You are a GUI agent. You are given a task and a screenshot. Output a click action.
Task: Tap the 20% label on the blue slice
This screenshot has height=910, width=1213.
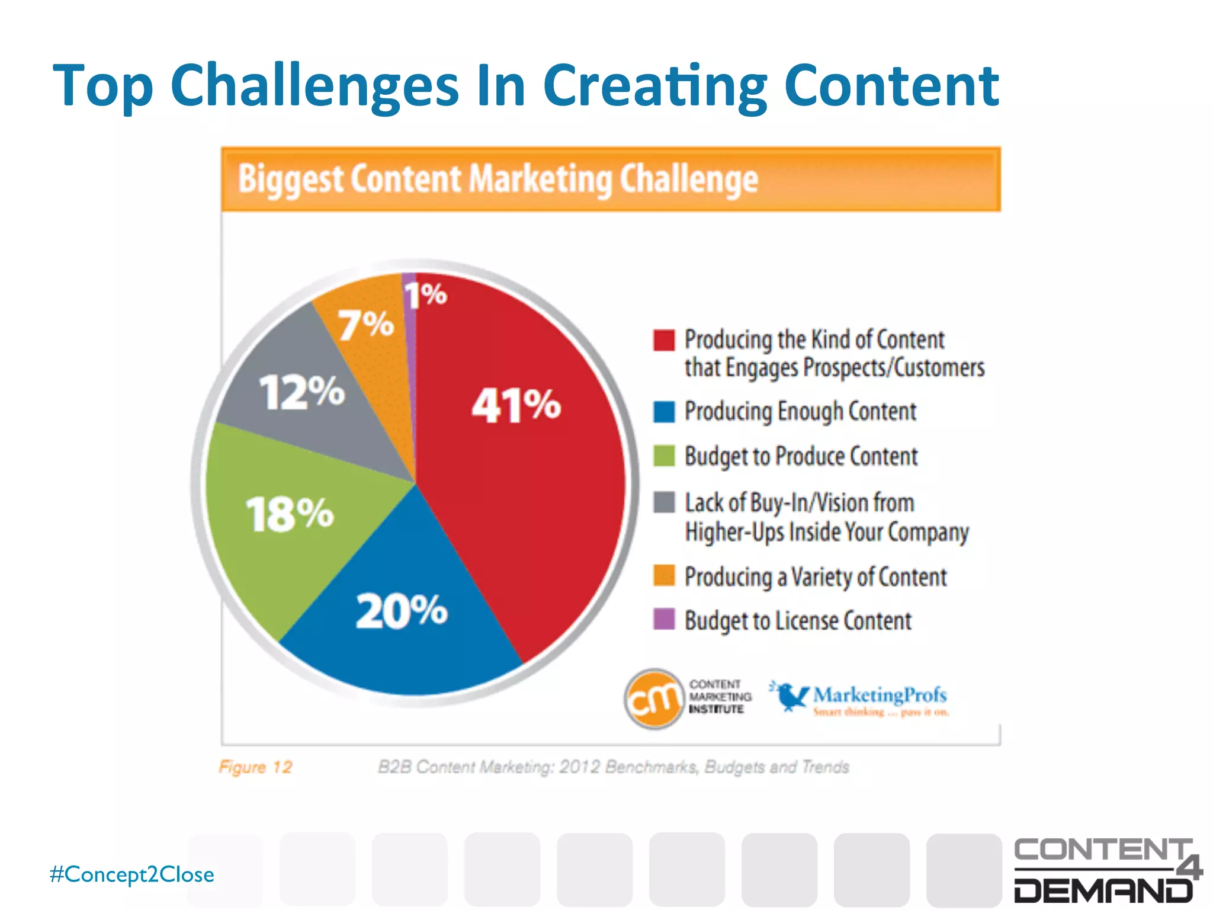[402, 611]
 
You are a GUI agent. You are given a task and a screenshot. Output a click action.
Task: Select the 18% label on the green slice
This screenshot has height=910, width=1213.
[290, 514]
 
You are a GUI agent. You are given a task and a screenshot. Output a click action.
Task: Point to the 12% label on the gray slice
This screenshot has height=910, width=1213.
[302, 392]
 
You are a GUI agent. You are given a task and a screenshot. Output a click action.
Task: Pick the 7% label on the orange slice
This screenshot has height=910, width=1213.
[365, 325]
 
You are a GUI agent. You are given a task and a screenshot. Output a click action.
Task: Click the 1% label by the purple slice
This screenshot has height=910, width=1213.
[426, 294]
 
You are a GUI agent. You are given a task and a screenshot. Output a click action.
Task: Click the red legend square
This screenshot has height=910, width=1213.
[664, 340]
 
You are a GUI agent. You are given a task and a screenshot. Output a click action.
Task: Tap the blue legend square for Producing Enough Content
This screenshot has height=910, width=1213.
[664, 412]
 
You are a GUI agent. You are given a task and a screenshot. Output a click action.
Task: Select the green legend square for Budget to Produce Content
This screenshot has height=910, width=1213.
[664, 456]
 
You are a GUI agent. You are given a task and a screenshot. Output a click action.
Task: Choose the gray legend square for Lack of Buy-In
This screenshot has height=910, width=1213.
[664, 502]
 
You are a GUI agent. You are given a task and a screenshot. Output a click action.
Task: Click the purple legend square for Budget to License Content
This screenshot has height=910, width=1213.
[664, 620]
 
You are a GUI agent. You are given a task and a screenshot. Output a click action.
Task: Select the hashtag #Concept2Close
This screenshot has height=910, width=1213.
[132, 874]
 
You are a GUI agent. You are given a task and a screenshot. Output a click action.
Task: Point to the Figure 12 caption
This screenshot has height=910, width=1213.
[255, 767]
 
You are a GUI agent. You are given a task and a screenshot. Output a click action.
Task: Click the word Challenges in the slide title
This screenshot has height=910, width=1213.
[315, 86]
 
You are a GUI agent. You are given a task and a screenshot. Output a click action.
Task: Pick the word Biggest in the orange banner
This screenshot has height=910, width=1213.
[290, 179]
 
